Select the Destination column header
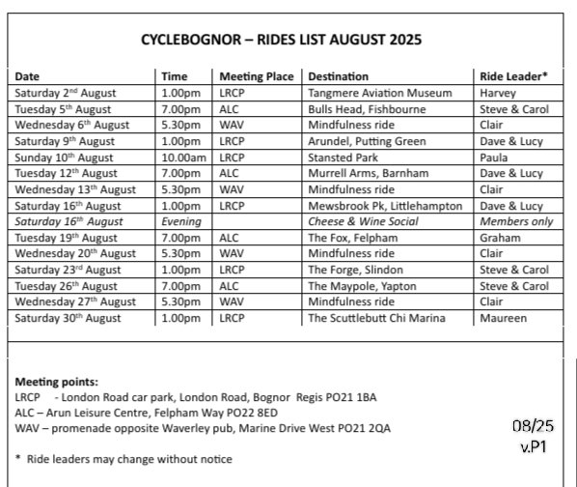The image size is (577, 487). [x=338, y=76]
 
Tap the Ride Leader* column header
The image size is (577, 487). [x=513, y=76]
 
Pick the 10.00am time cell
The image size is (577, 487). [x=182, y=157]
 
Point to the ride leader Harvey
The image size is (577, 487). [x=497, y=94]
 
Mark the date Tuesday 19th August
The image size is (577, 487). [x=69, y=236]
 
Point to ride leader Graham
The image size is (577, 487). [x=500, y=236]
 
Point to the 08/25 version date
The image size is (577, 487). [x=530, y=425]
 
